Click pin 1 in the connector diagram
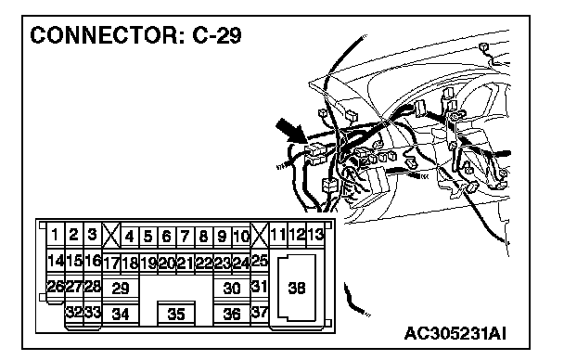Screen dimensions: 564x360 [x=55, y=235]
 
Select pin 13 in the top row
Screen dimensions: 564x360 [x=315, y=235]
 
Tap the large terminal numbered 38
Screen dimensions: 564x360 [x=297, y=288]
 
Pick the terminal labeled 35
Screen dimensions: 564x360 [x=176, y=314]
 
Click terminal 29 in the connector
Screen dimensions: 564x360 [x=121, y=288]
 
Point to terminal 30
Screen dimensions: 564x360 [x=232, y=288]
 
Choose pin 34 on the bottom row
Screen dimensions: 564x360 [x=121, y=315]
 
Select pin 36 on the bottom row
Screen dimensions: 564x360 [x=232, y=315]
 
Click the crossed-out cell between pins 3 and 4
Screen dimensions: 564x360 [x=111, y=235]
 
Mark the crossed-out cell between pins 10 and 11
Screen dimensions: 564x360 [x=260, y=235]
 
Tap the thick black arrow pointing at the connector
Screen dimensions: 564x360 [x=291, y=131]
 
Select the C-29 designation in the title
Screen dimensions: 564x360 [x=217, y=35]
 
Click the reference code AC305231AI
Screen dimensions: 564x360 [x=455, y=333]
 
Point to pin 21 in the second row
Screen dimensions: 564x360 [x=186, y=264]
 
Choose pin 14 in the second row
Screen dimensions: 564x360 [x=56, y=260]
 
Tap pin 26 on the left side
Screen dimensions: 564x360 [x=56, y=287]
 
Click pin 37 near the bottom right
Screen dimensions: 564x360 [x=260, y=312]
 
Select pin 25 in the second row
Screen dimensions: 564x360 [x=260, y=260]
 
